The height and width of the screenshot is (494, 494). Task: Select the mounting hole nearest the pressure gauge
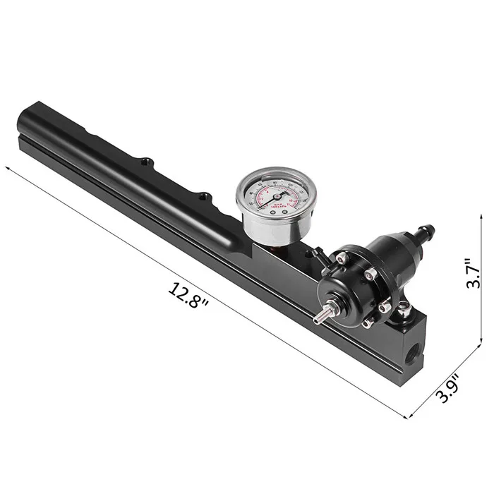[x=204, y=195]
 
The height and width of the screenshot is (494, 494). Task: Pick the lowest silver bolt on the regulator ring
[x=367, y=323]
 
